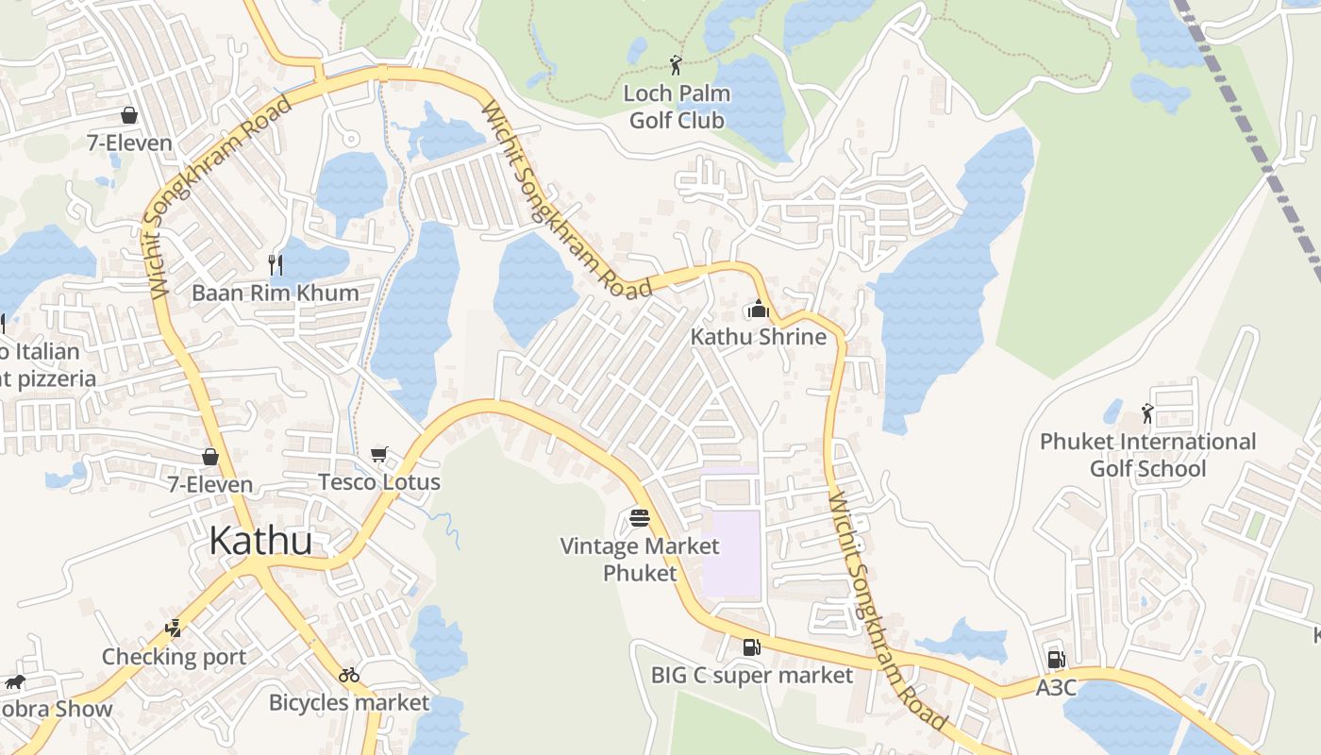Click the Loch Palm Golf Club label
point(677,107)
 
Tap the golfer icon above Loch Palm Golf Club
point(675,65)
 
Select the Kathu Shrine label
point(758,337)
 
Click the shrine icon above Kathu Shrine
point(758,309)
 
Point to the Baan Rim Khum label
point(276,293)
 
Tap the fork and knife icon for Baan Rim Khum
point(276,264)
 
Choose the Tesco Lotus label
point(379,482)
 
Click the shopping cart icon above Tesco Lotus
point(379,455)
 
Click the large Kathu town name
point(260,541)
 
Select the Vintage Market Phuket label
point(640,559)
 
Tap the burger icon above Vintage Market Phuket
point(640,518)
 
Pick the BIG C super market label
point(752,675)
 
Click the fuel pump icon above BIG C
point(752,647)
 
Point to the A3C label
point(1056,688)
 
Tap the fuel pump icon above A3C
point(1056,660)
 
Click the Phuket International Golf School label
point(1147,455)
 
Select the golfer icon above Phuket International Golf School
point(1147,413)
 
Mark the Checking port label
point(174,657)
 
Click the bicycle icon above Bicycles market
point(349,675)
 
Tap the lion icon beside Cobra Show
point(13,682)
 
